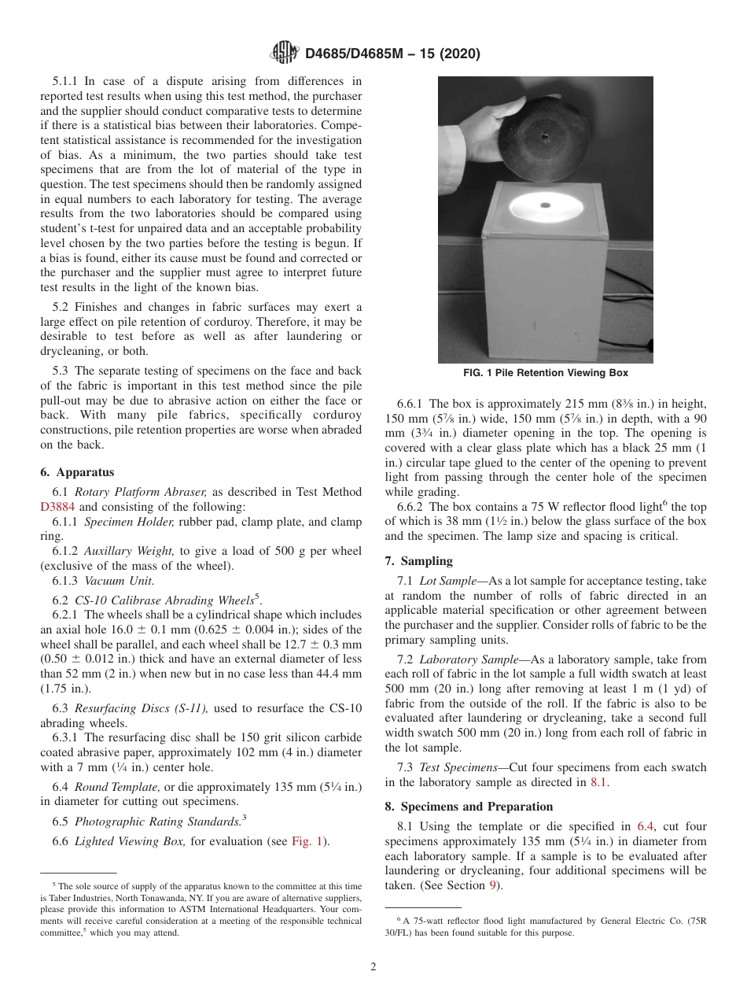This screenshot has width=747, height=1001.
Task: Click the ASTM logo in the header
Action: tap(284, 54)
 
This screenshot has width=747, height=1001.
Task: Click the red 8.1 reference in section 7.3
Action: tap(598, 782)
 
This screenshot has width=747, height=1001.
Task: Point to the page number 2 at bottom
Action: tap(373, 967)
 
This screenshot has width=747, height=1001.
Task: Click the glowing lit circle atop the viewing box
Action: tap(545, 206)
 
